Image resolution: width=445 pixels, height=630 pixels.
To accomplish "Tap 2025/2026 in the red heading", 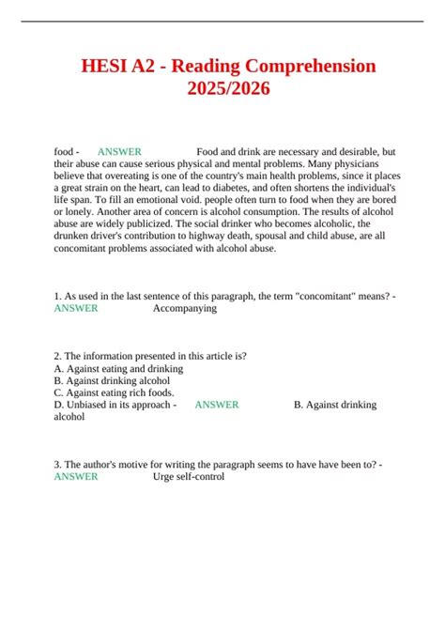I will [x=222, y=90].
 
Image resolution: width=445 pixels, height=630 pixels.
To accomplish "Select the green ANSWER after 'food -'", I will [x=119, y=151].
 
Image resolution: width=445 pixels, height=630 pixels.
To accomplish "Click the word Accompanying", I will [x=184, y=307].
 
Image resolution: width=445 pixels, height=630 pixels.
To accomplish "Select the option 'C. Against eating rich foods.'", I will [x=114, y=393].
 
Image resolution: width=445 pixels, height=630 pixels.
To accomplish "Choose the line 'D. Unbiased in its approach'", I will [x=112, y=405].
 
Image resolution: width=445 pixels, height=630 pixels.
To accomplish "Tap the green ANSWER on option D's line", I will [x=216, y=405].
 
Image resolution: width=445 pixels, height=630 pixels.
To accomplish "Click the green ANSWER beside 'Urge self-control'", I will [x=76, y=477].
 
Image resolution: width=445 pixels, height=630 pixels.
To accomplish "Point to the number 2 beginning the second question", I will [x=57, y=357].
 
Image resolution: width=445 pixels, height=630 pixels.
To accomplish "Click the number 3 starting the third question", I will [x=57, y=465].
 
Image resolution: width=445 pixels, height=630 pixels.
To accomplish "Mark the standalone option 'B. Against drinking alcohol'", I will [x=113, y=381].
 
